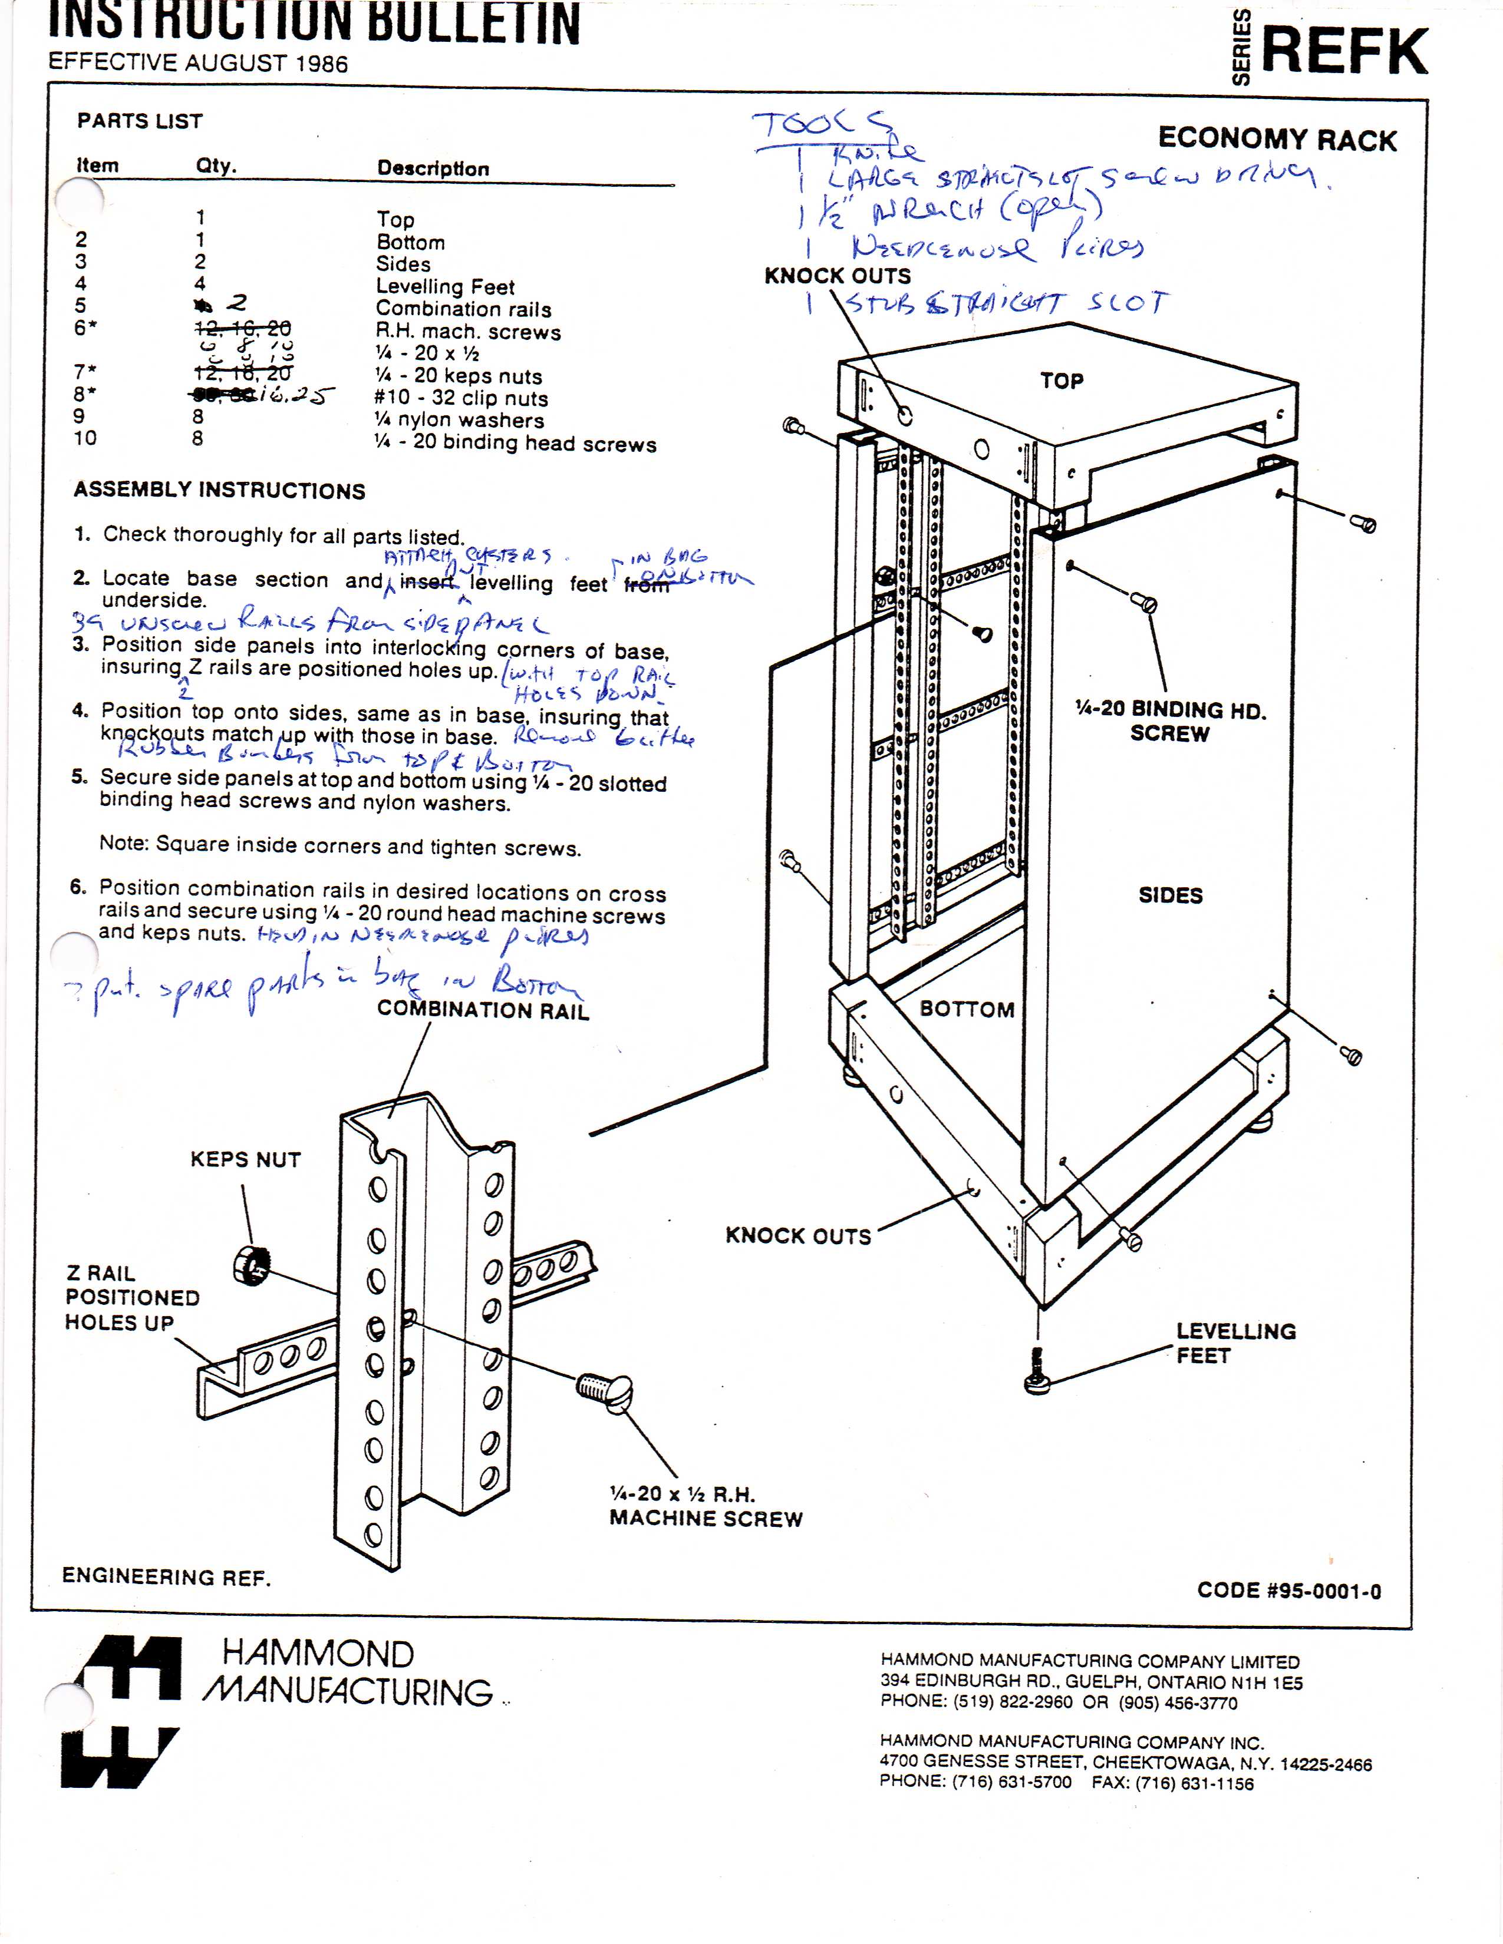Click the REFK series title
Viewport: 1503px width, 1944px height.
(x=1344, y=52)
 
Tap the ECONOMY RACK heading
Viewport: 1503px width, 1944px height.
(x=1277, y=139)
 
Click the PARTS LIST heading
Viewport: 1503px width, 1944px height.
(x=140, y=121)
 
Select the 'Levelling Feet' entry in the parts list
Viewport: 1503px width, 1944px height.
(x=445, y=287)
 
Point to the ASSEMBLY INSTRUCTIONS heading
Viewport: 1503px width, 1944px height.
(x=219, y=491)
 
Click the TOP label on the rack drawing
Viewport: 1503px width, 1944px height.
(x=1062, y=381)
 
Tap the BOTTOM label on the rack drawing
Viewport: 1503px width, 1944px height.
(x=967, y=1009)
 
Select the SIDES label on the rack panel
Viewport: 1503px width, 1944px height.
(x=1170, y=895)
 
